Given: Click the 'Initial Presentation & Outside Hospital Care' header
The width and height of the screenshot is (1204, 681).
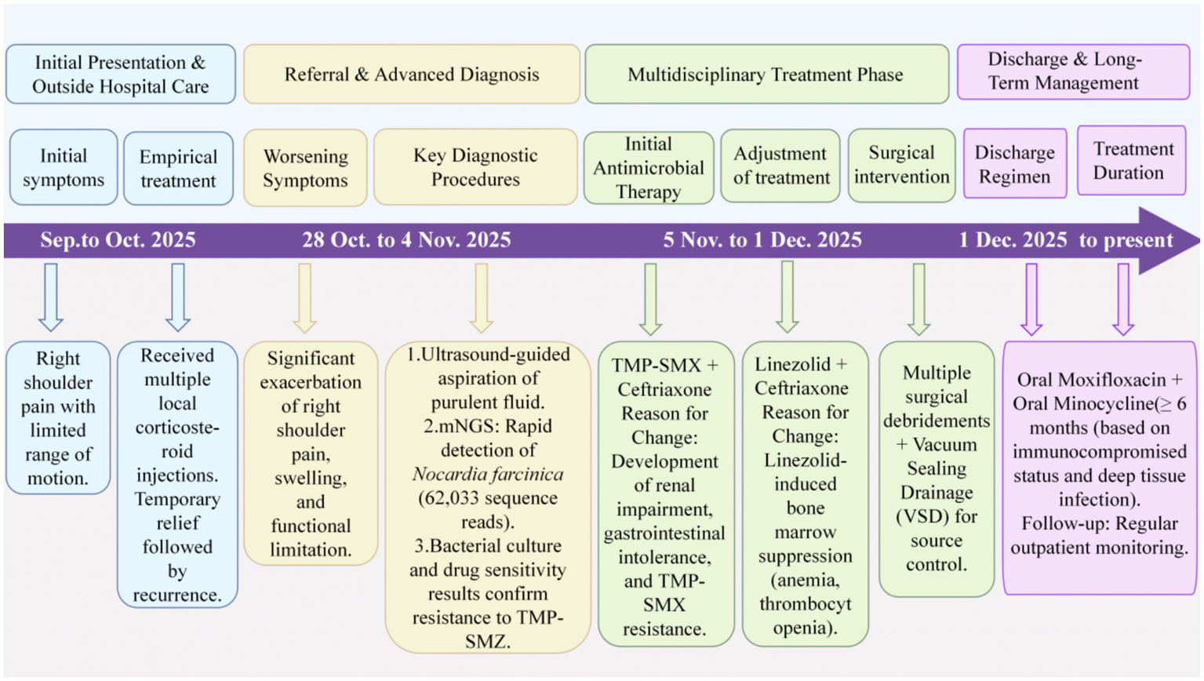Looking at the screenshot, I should pos(120,75).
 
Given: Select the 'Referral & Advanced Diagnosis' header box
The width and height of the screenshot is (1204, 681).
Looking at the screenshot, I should pos(411,75).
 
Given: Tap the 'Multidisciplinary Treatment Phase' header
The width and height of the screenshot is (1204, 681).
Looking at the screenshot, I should pos(766,75).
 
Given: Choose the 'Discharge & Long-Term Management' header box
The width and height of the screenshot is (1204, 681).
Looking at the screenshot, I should pos(1072,71).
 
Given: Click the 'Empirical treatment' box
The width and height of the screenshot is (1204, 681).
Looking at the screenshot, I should pos(178,169).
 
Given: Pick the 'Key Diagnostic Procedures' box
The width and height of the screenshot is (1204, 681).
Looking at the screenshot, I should pos(475,167).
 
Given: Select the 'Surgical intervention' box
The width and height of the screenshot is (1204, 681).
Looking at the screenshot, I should pos(901,166).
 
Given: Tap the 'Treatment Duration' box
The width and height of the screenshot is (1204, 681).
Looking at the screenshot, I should pos(1131,161).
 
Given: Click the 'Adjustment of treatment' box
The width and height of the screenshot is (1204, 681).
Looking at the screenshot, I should pos(780,166).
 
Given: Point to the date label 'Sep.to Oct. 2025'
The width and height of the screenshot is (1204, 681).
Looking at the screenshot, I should pos(118,240).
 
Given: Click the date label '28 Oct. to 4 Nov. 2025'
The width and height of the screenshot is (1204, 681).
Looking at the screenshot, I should pos(406,240).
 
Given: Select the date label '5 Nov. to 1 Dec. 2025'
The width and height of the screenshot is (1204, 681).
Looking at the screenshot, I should pos(762,240).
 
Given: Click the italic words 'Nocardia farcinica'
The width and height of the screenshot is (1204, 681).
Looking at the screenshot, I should pos(487,475).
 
